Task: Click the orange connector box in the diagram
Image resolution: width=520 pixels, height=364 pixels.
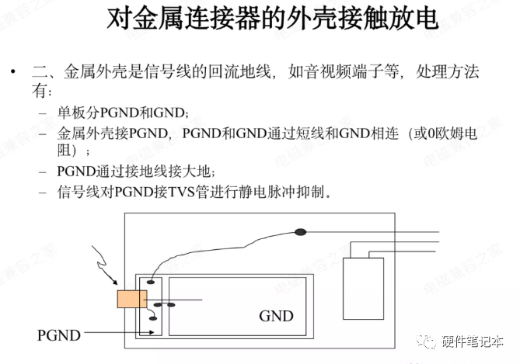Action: click(131, 299)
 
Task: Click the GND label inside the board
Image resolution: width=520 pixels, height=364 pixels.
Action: click(276, 316)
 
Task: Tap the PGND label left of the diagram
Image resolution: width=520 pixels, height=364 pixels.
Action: click(58, 335)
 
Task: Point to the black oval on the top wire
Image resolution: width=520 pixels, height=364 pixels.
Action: click(300, 231)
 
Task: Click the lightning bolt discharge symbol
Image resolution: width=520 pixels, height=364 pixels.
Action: click(105, 263)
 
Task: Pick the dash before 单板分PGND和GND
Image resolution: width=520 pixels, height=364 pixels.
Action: click(41, 113)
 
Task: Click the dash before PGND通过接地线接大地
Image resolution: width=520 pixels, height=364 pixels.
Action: click(41, 172)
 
